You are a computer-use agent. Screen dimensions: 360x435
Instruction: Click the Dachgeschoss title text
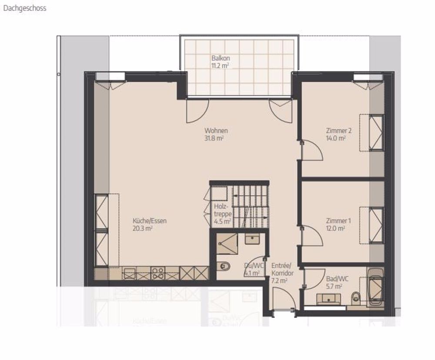click(x=24, y=8)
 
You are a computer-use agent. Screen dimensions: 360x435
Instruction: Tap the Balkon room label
click(x=221, y=58)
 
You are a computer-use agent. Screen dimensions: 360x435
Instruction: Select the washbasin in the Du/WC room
click(x=252, y=239)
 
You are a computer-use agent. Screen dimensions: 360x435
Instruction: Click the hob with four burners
click(x=157, y=273)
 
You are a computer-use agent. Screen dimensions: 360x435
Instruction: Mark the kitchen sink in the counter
click(x=130, y=273)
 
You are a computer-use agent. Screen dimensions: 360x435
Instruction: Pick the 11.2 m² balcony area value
click(x=221, y=66)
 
